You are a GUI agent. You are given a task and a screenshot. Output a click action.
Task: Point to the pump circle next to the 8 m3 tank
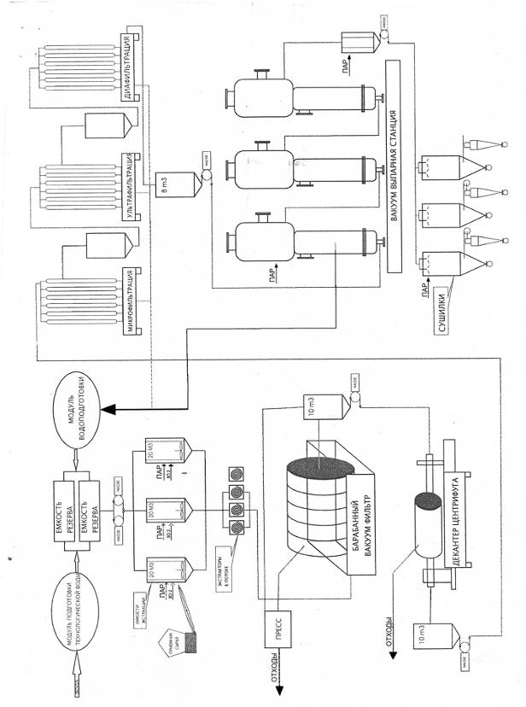[x=205, y=177]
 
